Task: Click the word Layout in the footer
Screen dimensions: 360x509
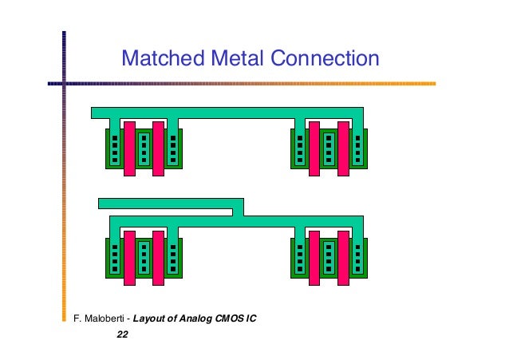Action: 150,319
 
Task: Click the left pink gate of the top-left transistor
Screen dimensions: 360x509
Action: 129,148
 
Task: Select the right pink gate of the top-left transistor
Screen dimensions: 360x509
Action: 158,148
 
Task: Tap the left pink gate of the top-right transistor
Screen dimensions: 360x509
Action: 314,148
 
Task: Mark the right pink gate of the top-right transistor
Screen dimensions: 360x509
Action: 343,148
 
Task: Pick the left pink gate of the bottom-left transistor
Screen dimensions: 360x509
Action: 129,257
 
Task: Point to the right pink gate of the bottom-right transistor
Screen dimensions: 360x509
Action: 343,257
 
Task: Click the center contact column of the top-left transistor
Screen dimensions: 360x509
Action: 144,148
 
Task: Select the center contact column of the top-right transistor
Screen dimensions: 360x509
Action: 329,148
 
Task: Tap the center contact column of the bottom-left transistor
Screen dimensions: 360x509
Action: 144,257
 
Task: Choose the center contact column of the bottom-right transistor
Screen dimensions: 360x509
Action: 329,257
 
